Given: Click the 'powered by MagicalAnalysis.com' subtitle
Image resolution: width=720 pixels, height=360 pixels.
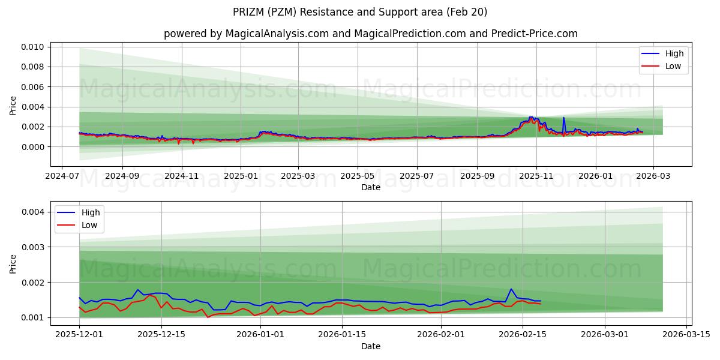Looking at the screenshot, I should [x=370, y=34].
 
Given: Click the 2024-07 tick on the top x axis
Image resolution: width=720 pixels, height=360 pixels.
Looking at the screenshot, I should [x=63, y=176].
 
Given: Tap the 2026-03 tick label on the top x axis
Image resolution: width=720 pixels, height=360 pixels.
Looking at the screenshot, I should [x=653, y=176].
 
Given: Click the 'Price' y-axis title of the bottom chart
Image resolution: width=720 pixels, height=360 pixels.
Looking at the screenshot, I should [x=13, y=263].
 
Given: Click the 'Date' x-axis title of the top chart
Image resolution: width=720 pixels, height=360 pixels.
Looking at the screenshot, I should [x=370, y=187].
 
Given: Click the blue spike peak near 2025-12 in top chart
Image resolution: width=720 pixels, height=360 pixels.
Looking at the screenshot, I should [x=563, y=118].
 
